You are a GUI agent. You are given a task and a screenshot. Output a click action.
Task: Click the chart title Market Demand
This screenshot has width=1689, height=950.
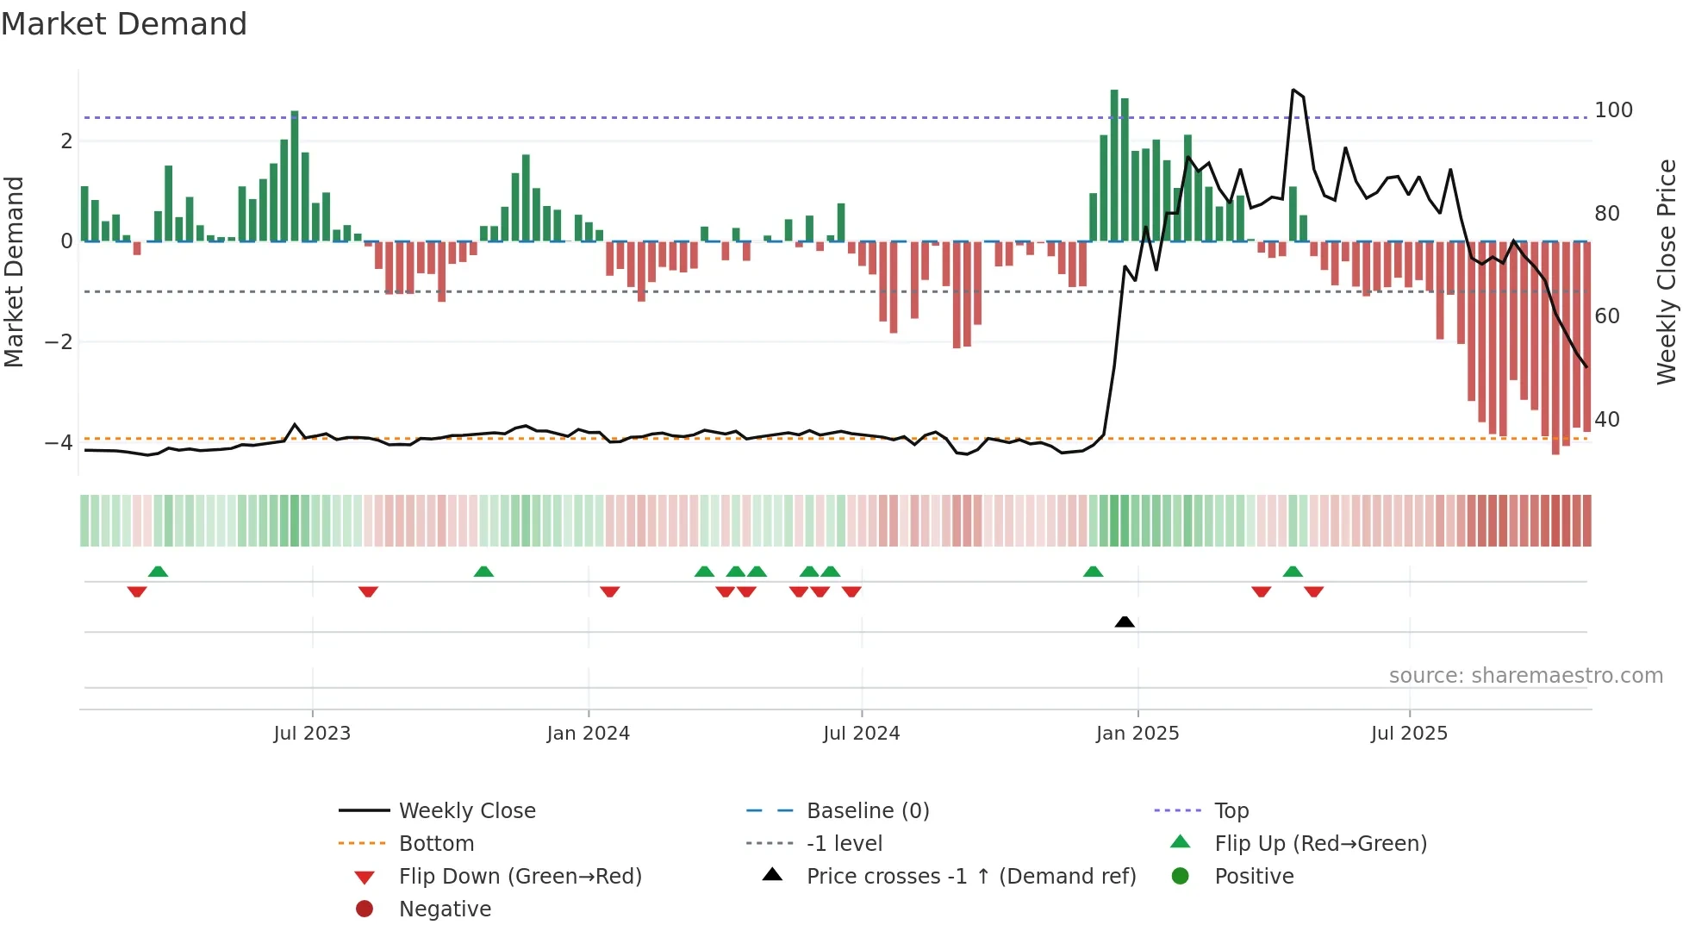(x=124, y=24)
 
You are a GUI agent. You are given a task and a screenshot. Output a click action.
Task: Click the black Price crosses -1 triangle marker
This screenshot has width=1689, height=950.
(x=1125, y=622)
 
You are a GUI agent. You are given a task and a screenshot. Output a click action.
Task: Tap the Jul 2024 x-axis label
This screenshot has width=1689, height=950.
(x=861, y=734)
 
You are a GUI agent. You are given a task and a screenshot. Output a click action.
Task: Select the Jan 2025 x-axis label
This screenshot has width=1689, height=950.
(x=1137, y=734)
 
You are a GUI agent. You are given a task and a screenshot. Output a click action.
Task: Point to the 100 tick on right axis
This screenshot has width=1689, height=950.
(x=1613, y=110)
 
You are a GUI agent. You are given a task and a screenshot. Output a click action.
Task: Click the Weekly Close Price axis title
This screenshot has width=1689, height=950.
(x=1667, y=272)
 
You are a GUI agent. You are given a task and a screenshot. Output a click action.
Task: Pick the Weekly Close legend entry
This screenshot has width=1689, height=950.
(x=466, y=811)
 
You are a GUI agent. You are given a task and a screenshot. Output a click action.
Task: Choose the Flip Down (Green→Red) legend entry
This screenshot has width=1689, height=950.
(x=520, y=877)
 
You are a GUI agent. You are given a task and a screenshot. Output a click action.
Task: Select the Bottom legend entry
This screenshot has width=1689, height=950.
(x=436, y=844)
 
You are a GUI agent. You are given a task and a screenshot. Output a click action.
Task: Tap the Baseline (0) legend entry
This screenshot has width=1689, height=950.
(x=867, y=811)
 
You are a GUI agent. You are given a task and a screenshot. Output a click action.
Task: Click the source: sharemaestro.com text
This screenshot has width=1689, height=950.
(x=1525, y=676)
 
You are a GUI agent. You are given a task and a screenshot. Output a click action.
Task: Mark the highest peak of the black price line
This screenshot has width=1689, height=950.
(x=1293, y=90)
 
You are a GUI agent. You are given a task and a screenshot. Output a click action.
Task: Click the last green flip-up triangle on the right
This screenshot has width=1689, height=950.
(x=1293, y=572)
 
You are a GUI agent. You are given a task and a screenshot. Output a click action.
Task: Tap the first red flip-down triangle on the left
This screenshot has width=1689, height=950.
(x=137, y=591)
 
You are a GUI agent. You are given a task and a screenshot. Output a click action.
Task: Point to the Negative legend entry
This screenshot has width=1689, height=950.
(x=445, y=909)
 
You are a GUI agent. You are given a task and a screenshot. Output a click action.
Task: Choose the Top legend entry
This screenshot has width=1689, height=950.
(x=1231, y=811)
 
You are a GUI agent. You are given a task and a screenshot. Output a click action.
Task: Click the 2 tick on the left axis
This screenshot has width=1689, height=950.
(x=66, y=141)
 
